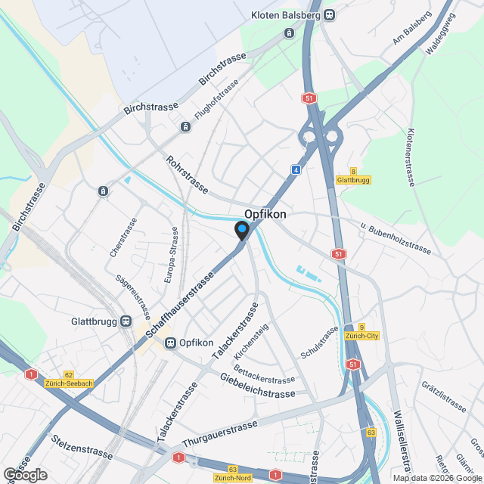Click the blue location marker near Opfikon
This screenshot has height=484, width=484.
pyautogui.click(x=242, y=231)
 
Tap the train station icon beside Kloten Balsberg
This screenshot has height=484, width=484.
pyautogui.click(x=329, y=15)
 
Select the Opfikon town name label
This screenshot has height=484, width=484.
pyautogui.click(x=265, y=215)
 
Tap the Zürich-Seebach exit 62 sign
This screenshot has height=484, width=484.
pyautogui.click(x=68, y=379)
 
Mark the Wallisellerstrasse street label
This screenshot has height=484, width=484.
pyautogui.click(x=402, y=442)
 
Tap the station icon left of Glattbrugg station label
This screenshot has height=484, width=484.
pyautogui.click(x=126, y=321)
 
